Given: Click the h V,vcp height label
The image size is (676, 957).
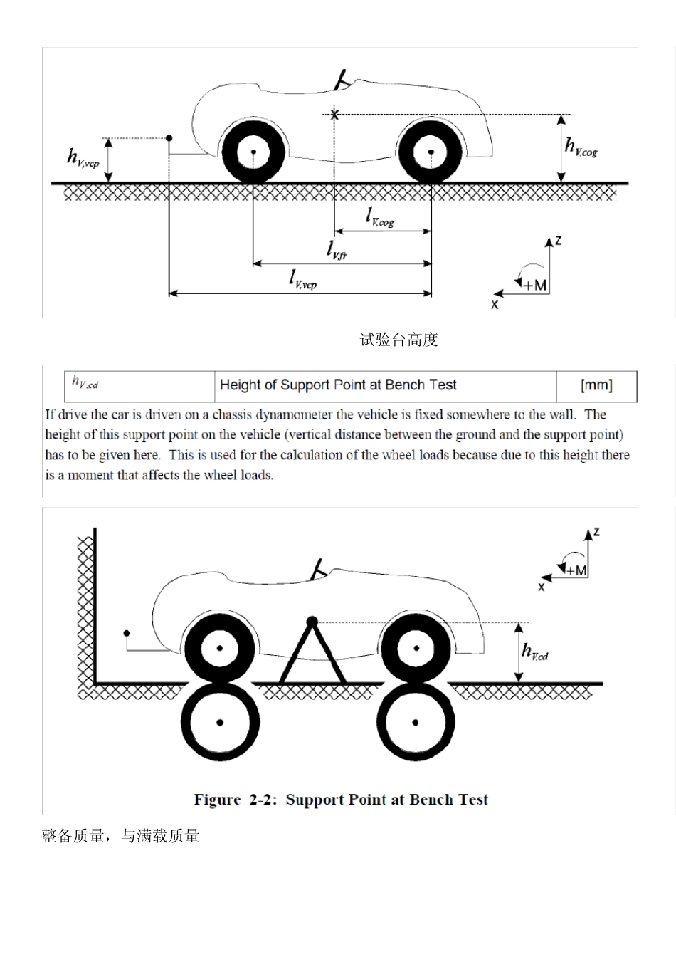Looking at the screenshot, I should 83,158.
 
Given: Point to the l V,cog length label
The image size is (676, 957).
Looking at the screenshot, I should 379,217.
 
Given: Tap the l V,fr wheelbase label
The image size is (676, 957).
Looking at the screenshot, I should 337,250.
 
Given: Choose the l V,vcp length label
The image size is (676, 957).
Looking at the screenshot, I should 302,278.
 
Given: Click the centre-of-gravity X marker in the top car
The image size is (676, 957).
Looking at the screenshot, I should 334,114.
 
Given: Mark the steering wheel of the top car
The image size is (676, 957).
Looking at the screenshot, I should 344,80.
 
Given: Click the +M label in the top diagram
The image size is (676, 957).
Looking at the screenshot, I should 534,285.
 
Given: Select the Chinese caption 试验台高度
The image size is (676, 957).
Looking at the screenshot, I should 398,340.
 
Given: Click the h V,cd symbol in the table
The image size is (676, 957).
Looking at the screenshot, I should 85,382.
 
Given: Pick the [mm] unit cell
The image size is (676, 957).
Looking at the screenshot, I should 596,385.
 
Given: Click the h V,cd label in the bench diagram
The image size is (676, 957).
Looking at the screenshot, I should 535,652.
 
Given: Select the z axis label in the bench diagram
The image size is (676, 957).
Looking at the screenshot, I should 596,532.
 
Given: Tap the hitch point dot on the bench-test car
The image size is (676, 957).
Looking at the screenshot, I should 126,632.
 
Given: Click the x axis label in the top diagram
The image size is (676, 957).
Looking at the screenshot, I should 495,304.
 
